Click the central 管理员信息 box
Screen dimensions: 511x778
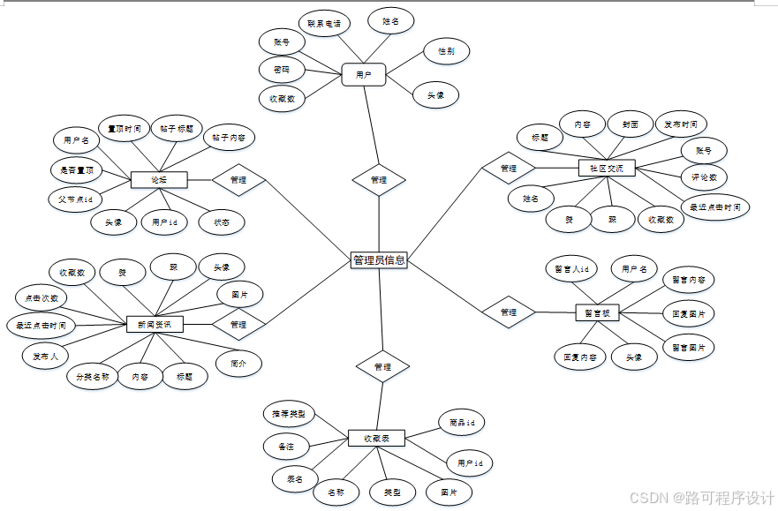click(379, 259)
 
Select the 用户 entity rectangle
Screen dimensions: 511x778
click(364, 75)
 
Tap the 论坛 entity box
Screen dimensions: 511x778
click(159, 180)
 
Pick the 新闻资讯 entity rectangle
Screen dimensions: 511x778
click(155, 325)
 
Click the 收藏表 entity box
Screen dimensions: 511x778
click(377, 438)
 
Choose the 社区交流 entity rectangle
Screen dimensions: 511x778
click(606, 168)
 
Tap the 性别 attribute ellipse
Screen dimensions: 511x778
click(446, 51)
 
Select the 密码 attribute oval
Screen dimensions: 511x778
click(282, 69)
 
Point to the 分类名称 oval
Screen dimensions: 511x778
click(92, 377)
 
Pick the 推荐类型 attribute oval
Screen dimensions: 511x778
click(289, 413)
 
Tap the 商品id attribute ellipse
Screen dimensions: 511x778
click(462, 424)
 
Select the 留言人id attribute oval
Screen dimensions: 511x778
click(570, 268)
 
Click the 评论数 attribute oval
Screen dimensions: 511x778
click(704, 177)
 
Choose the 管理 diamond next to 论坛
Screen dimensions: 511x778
click(238, 180)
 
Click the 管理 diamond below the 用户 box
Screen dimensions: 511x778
click(379, 180)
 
